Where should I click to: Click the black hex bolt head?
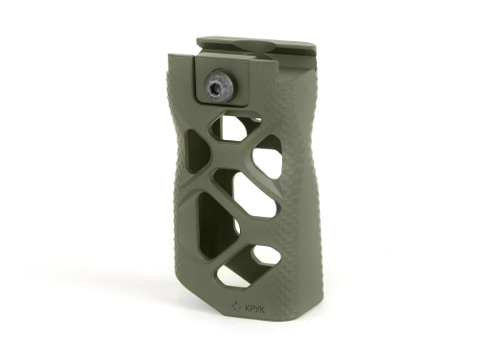point(220,87)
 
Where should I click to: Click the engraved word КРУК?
point(254,309)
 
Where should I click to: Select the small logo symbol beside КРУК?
point(237,307)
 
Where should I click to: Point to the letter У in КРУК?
point(256,309)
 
